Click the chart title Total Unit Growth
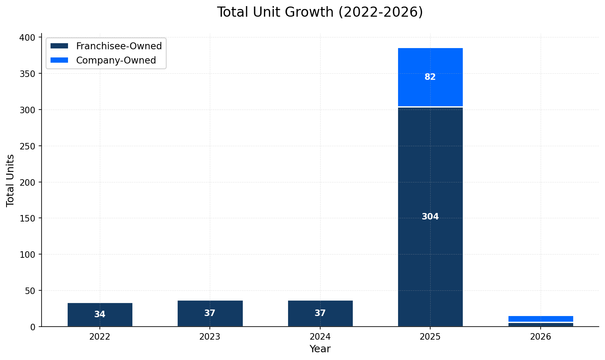pyautogui.click(x=320, y=12)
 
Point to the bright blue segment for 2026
pyautogui.click(x=540, y=318)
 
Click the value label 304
pyautogui.click(x=430, y=217)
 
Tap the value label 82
pyautogui.click(x=430, y=77)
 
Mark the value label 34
pyautogui.click(x=100, y=315)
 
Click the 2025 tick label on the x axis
pyautogui.click(x=430, y=337)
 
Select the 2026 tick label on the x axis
pyautogui.click(x=540, y=337)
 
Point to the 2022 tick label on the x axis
pyautogui.click(x=100, y=337)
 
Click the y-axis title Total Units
pyautogui.click(x=11, y=180)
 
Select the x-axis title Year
pyautogui.click(x=320, y=349)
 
